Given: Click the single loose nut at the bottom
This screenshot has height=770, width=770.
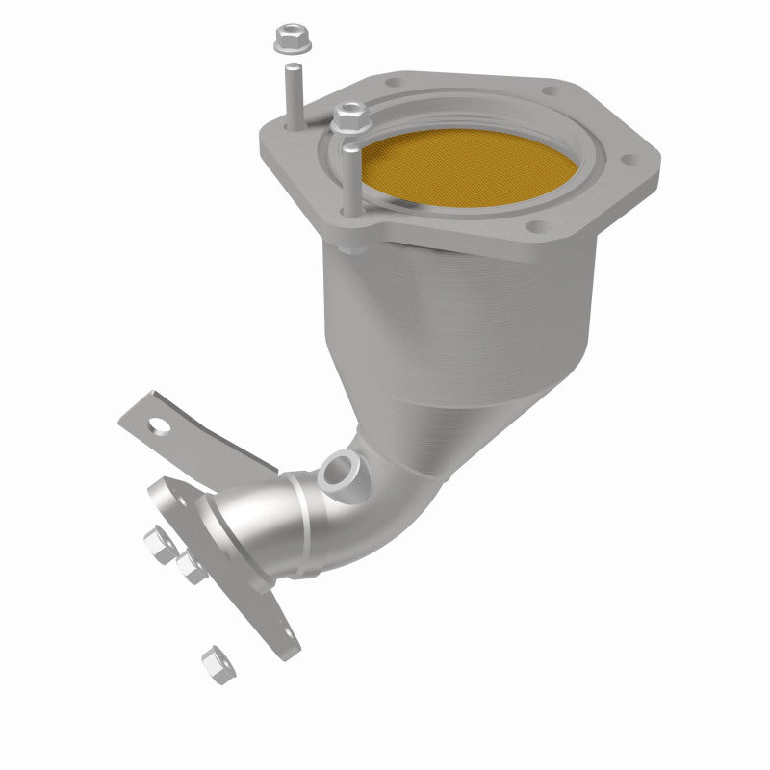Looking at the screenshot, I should pyautogui.click(x=213, y=661).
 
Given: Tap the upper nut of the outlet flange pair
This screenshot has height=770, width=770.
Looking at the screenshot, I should pyautogui.click(x=158, y=543).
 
